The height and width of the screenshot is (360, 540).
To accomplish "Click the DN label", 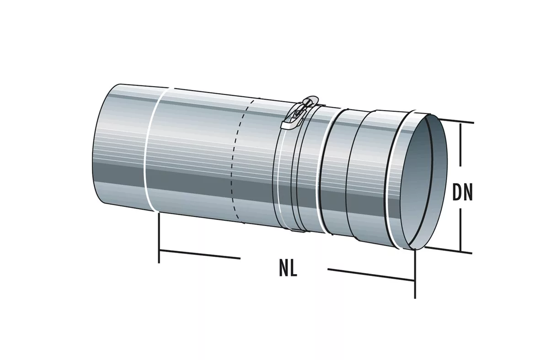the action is click(x=463, y=193).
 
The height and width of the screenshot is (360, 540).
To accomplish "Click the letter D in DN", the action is click(x=457, y=193).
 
